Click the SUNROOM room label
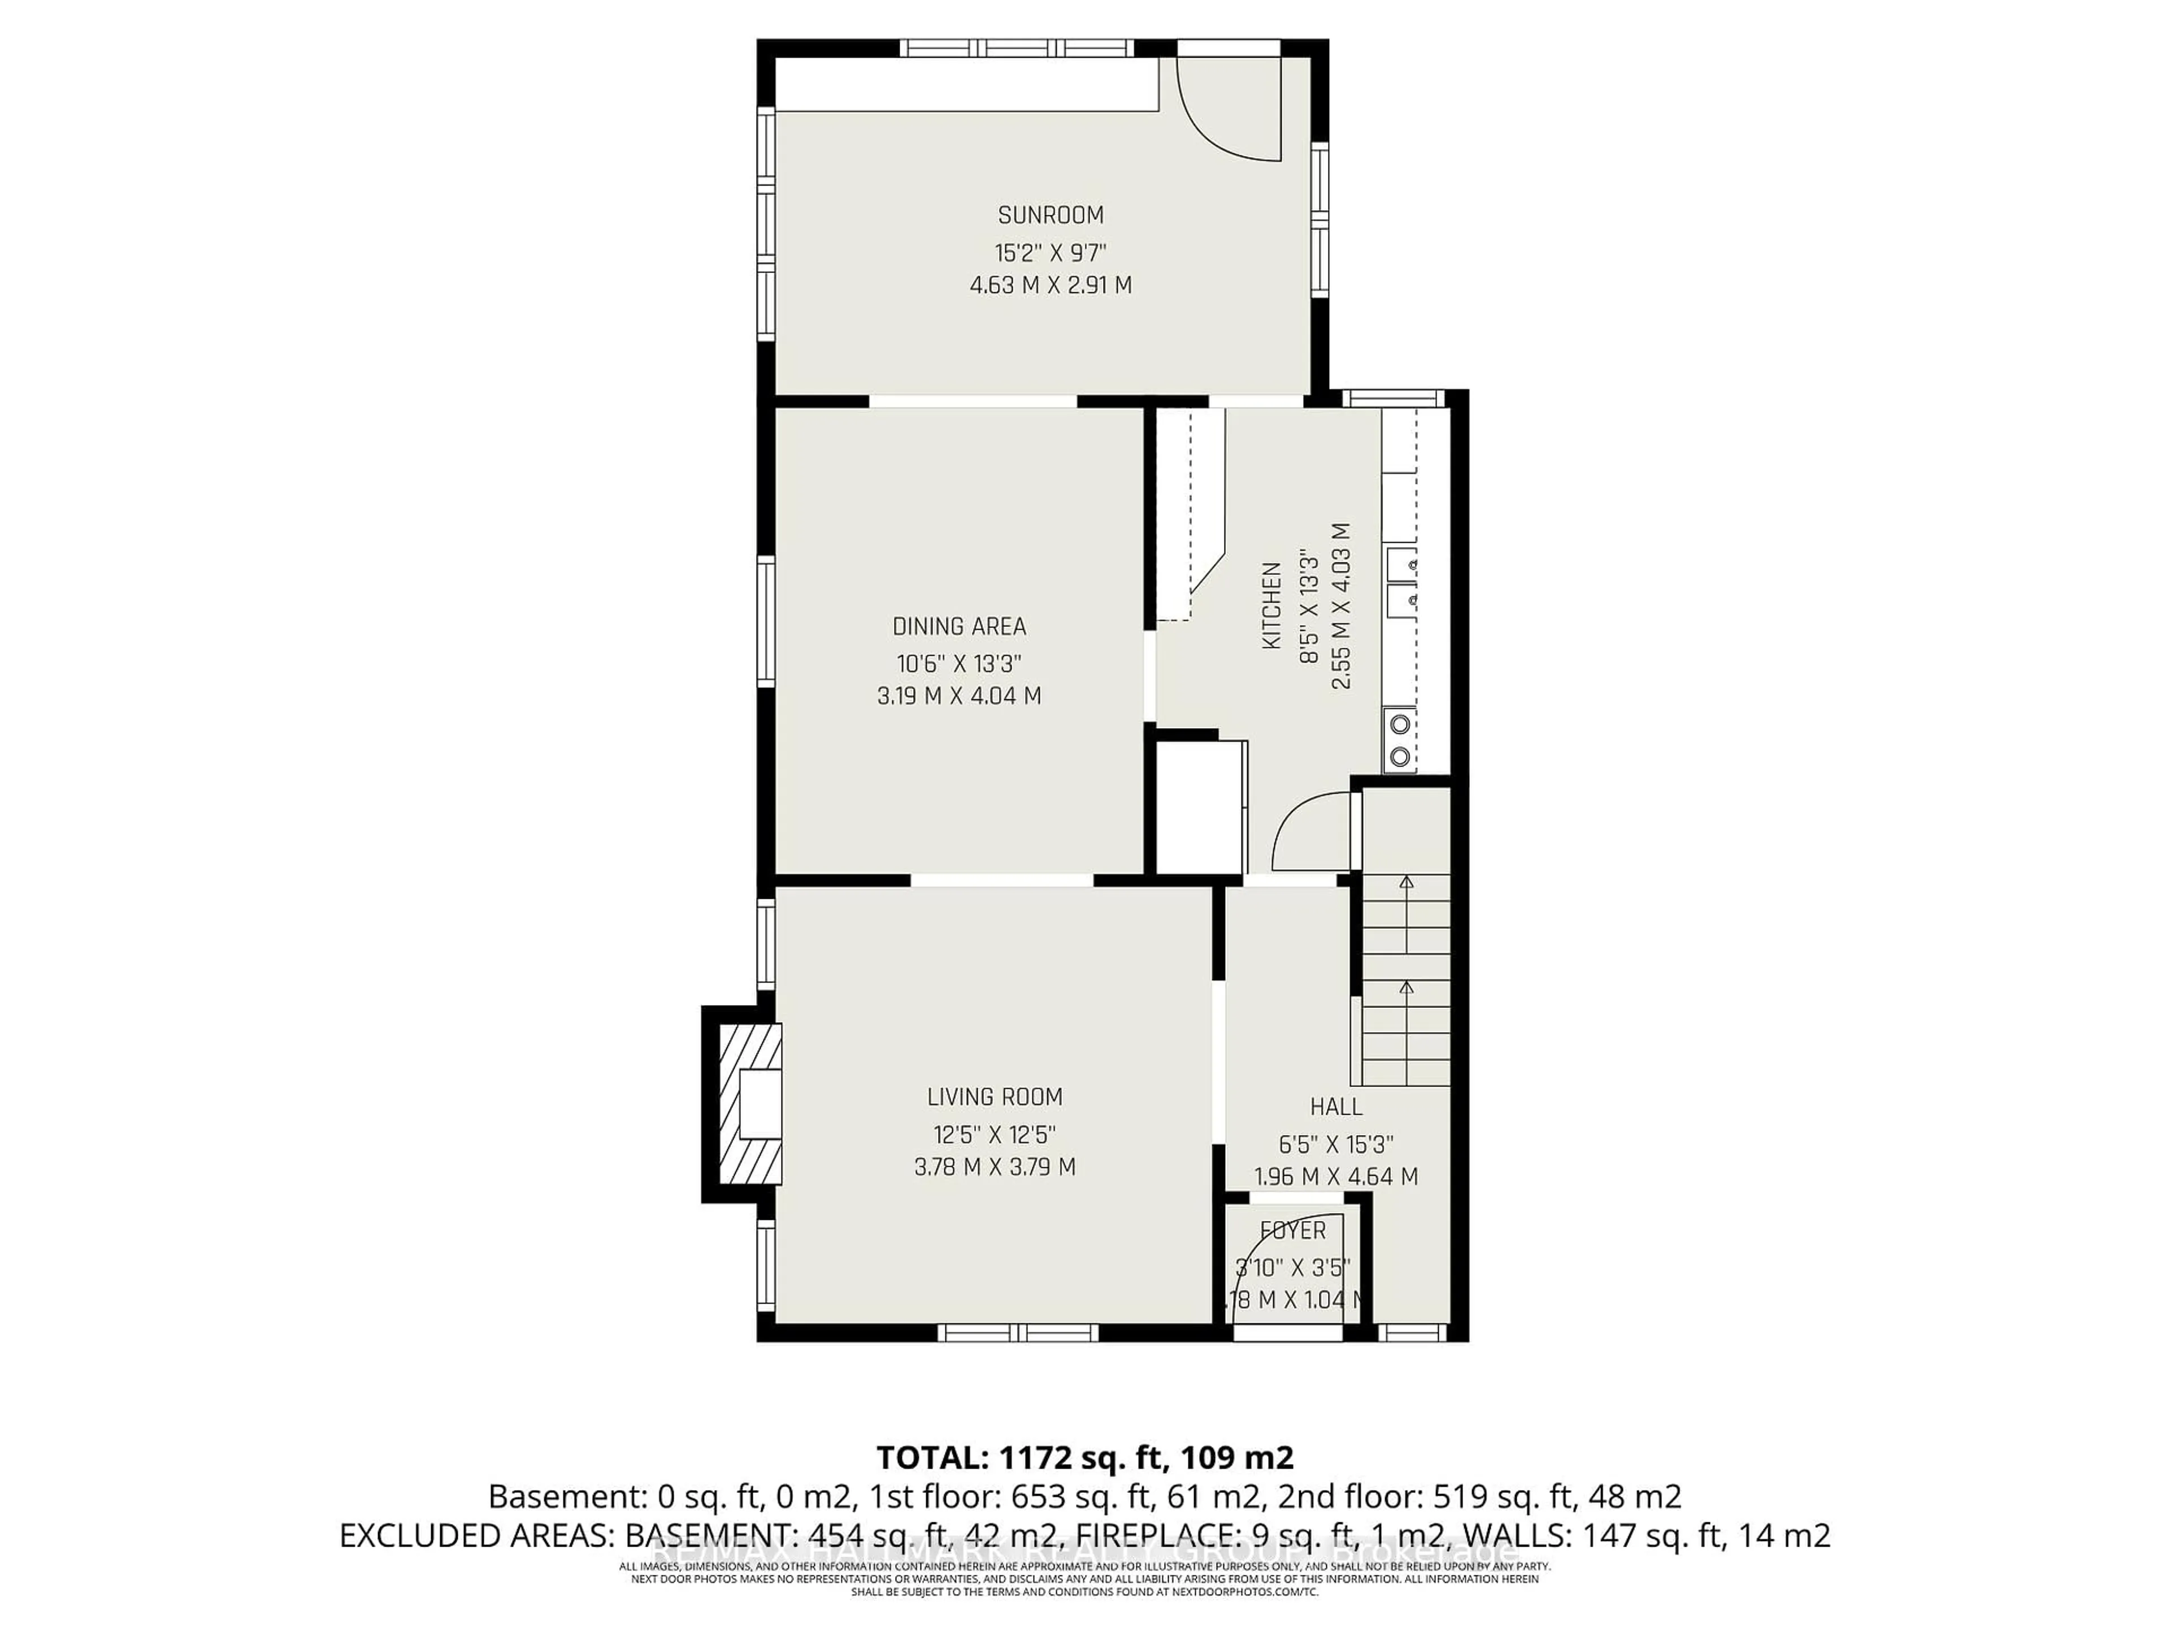1050,215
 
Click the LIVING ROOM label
995,1096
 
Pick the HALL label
1335,1107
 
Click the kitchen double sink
1402,581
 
